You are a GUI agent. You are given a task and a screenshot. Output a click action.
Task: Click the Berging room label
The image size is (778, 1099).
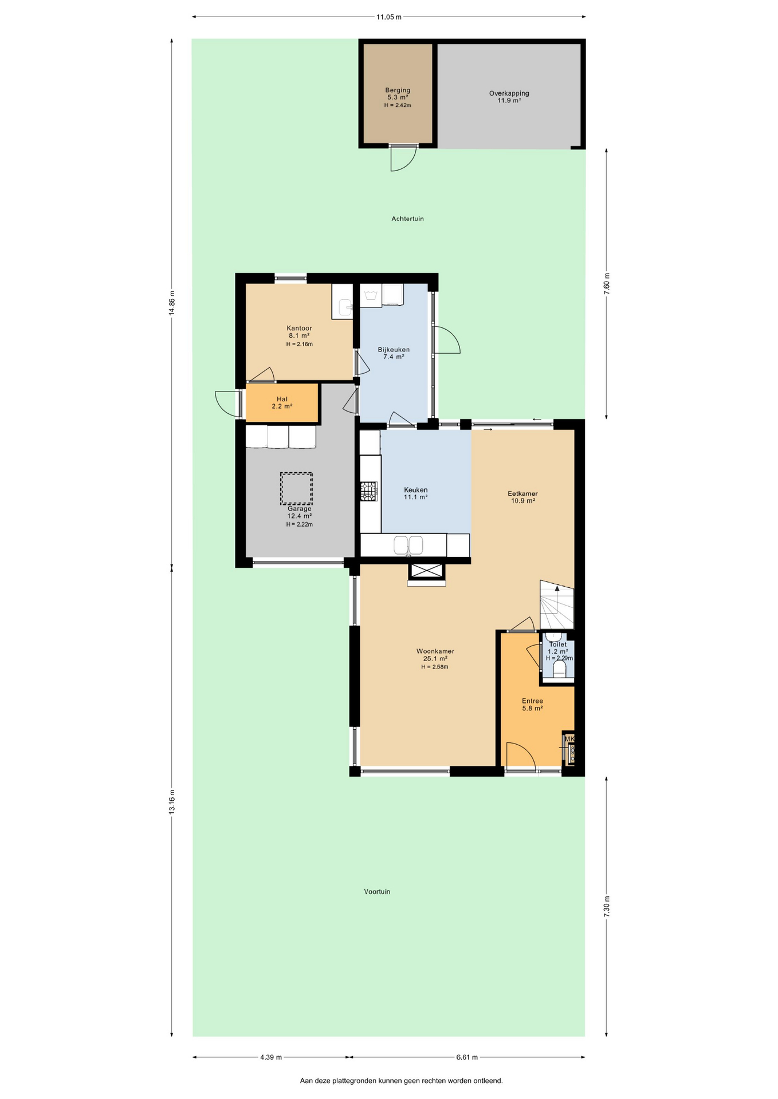(x=398, y=90)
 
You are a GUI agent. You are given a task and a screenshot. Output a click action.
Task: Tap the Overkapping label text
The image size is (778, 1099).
(x=509, y=93)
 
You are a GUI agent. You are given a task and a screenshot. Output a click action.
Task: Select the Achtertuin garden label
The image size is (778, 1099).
(x=407, y=219)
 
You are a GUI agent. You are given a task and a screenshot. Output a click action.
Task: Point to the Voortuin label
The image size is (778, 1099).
(x=377, y=891)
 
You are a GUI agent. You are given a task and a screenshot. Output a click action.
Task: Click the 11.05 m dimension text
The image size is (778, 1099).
(x=388, y=17)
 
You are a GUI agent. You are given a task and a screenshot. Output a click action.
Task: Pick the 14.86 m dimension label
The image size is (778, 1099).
(x=172, y=303)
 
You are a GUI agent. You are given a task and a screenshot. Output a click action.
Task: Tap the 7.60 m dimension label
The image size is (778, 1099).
(x=607, y=284)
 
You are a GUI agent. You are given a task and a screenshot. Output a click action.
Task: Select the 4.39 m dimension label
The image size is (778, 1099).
(x=271, y=1057)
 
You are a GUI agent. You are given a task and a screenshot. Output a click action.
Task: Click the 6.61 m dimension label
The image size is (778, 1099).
(x=467, y=1057)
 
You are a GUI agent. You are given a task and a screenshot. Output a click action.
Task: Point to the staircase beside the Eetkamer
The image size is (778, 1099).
(x=557, y=605)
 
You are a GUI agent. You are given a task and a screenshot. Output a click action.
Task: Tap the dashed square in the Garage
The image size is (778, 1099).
(x=296, y=488)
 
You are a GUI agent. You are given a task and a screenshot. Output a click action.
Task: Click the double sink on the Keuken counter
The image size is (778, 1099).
(x=408, y=545)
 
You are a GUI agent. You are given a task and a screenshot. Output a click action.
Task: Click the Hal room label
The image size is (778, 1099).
(x=282, y=399)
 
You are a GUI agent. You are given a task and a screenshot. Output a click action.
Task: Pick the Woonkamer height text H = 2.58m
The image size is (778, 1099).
(x=435, y=667)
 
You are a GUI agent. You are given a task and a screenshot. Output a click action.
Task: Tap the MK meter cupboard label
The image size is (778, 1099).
(x=569, y=739)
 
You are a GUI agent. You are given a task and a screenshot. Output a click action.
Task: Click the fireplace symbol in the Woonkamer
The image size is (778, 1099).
(x=426, y=571)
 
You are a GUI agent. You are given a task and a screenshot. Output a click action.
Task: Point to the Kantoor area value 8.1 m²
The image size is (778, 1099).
(x=299, y=336)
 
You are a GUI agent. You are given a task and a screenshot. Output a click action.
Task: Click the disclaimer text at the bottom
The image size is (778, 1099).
(x=401, y=1081)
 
